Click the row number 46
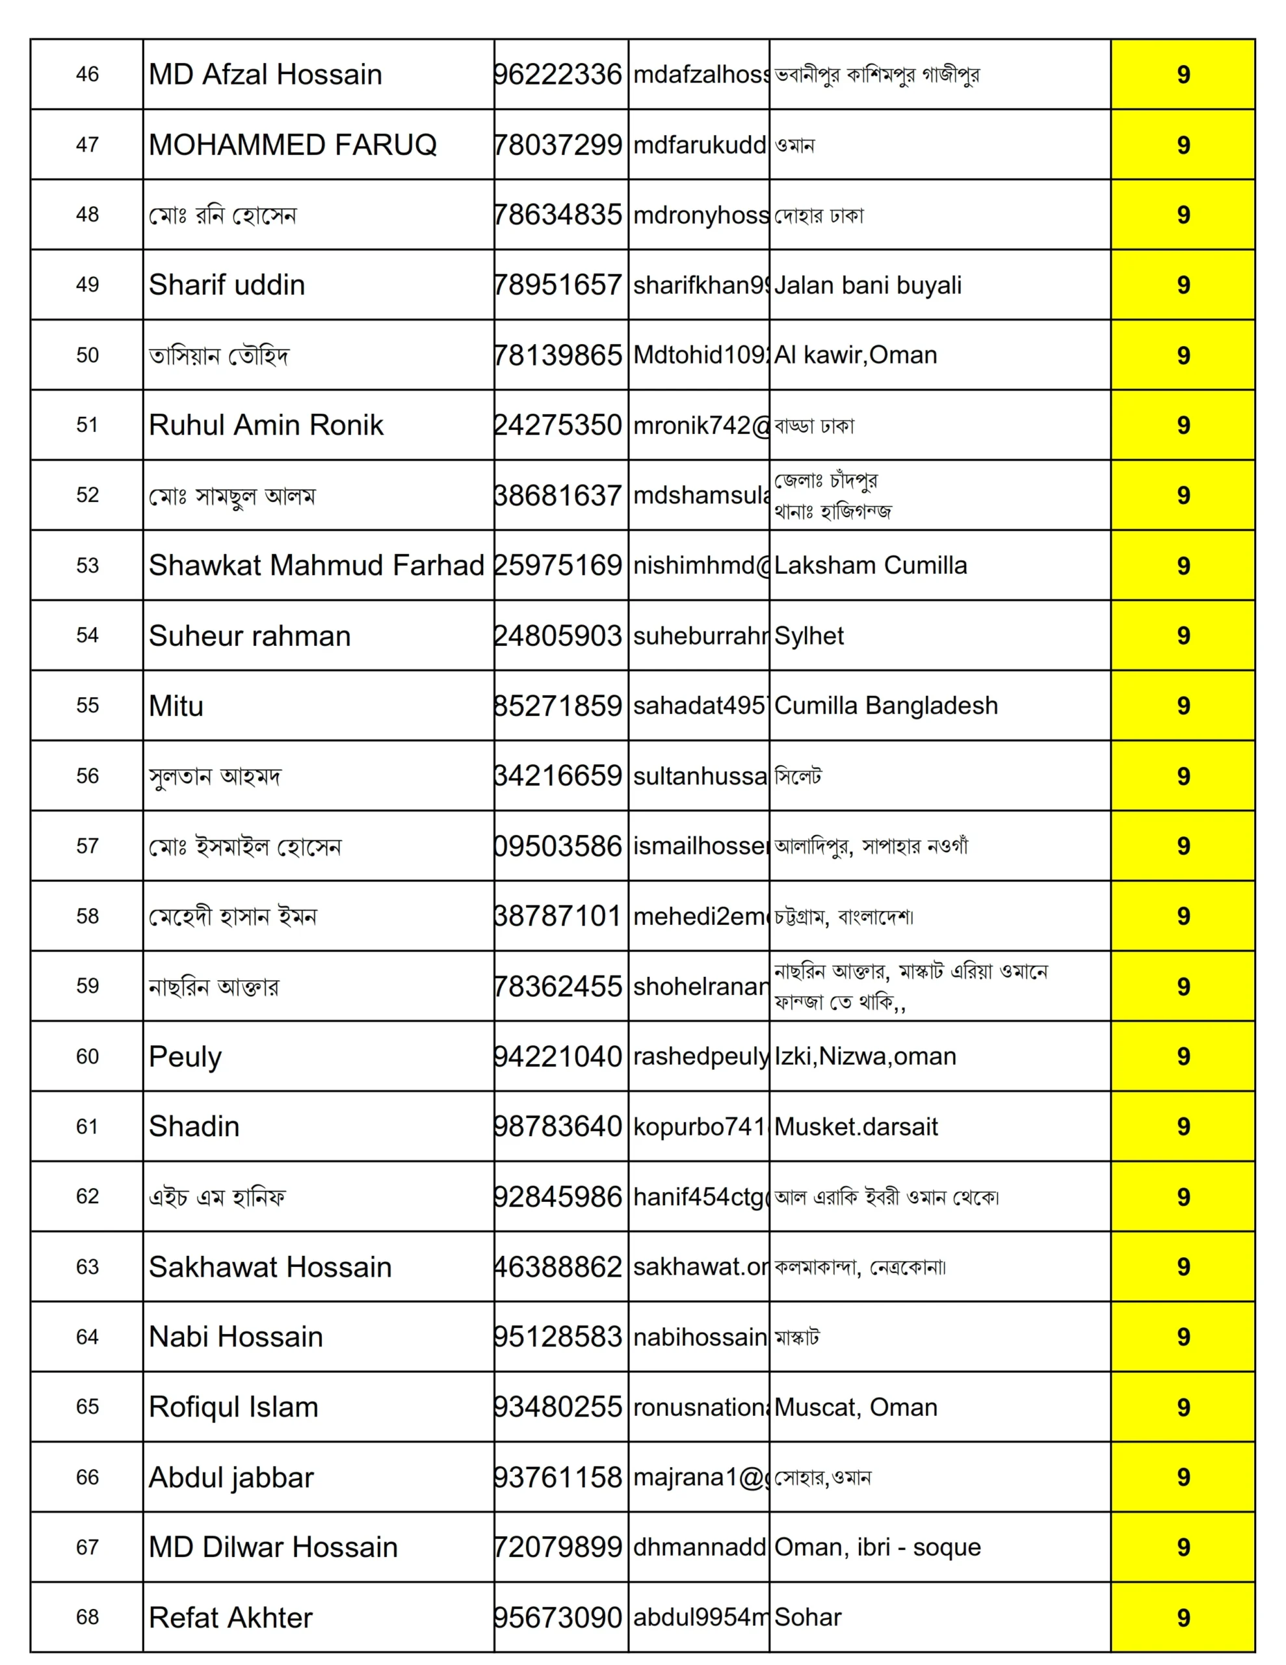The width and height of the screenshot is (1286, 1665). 87,74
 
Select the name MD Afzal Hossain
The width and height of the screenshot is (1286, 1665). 265,74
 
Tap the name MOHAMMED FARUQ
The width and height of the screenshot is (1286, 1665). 293,144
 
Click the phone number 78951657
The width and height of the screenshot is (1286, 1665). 558,284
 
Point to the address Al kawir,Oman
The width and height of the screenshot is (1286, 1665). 856,354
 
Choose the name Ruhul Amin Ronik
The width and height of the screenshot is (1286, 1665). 266,425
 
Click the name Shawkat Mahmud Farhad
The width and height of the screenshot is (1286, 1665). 317,565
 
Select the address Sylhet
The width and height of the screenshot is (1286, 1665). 809,635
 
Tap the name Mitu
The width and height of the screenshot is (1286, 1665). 176,705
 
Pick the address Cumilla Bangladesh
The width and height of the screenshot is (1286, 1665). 886,705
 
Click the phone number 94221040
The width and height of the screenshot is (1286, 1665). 558,1056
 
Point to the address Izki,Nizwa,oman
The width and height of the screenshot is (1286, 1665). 865,1056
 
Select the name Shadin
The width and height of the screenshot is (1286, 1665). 194,1126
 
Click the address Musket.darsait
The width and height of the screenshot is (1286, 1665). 856,1126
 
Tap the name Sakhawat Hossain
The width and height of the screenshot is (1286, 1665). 270,1266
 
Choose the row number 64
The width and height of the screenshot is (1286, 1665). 87,1337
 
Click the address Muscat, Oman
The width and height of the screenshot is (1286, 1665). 856,1407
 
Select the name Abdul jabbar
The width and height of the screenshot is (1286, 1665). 231,1476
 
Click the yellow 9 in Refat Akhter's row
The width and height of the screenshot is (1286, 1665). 1183,1617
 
